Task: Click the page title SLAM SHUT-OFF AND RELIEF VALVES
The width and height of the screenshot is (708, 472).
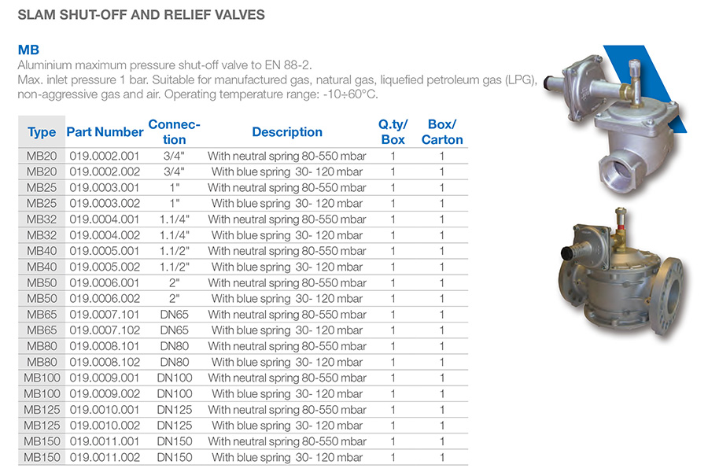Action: (142, 15)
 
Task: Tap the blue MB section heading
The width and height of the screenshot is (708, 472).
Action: (28, 50)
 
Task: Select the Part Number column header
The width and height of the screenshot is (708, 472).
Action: (105, 132)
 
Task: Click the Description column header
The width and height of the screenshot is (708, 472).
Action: (287, 132)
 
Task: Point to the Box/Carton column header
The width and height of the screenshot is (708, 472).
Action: (442, 132)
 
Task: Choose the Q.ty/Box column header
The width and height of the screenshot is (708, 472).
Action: (393, 132)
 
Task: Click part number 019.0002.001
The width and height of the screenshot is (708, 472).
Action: (105, 157)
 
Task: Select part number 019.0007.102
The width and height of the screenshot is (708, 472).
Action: (105, 330)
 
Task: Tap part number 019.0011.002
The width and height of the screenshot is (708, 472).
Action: (105, 458)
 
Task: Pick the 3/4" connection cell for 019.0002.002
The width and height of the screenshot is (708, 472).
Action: (174, 172)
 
